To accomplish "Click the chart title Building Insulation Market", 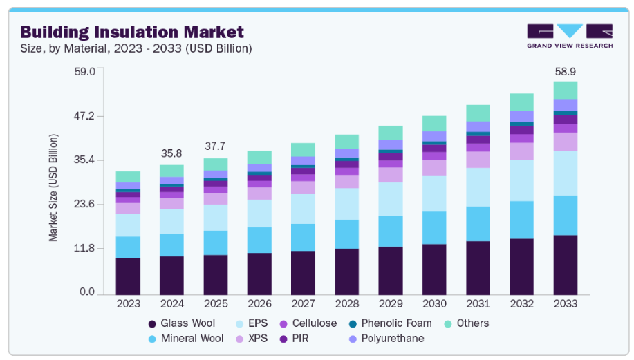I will click(x=131, y=32).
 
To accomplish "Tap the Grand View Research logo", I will click(x=569, y=36).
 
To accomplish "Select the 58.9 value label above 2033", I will click(x=565, y=71).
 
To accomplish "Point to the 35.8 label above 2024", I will click(x=171, y=153).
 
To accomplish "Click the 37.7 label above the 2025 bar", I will click(x=215, y=146).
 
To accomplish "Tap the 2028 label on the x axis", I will click(x=346, y=303).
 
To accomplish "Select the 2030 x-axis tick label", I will click(x=434, y=303).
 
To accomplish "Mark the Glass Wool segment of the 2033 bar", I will click(x=565, y=264).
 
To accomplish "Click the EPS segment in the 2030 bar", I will click(x=434, y=193).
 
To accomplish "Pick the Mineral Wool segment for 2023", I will click(x=128, y=247).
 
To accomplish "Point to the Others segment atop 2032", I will click(x=521, y=102).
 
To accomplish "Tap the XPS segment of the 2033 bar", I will click(x=565, y=142).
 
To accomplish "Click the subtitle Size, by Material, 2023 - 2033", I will click(x=136, y=48).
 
